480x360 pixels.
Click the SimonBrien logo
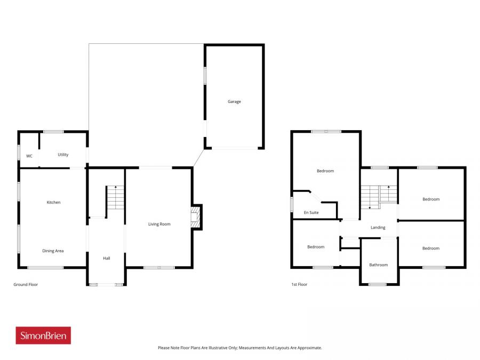click(x=43, y=335)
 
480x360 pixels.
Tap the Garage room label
click(x=234, y=101)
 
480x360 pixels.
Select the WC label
click(x=29, y=156)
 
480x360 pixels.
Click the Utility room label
click(x=63, y=155)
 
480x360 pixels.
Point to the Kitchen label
click(x=53, y=202)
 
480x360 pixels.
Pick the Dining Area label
click(x=53, y=251)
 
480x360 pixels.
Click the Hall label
click(x=107, y=258)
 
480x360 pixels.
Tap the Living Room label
click(x=159, y=224)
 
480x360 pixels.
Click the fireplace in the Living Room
click(x=195, y=217)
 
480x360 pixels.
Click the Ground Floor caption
click(x=26, y=285)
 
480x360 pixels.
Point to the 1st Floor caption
click(x=299, y=285)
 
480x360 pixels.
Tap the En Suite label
click(x=311, y=212)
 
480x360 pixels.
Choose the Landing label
click(x=378, y=228)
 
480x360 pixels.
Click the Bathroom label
click(x=379, y=265)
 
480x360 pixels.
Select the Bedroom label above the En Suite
click(x=325, y=171)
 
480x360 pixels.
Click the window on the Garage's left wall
click(x=205, y=75)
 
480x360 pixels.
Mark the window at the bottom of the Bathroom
click(x=378, y=284)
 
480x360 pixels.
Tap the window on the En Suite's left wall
click(x=292, y=204)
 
